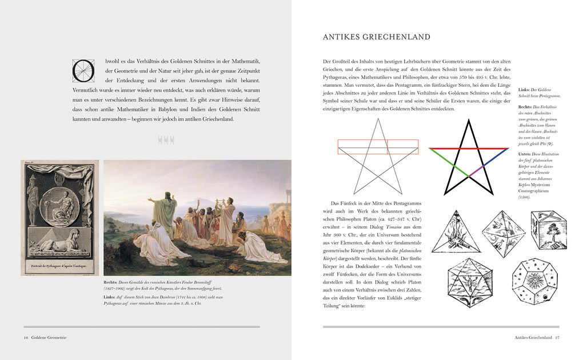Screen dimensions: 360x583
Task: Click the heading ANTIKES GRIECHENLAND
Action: [376, 37]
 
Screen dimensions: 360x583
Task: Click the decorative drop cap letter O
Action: [82, 70]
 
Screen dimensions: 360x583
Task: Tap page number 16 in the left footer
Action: [26, 338]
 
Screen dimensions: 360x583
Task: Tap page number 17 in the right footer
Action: [557, 338]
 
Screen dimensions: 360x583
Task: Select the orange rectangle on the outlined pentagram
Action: [377, 147]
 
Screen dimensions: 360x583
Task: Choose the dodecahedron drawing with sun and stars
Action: [533, 282]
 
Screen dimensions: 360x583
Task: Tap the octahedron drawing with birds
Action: [502, 233]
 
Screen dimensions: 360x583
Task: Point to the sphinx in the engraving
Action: [58, 242]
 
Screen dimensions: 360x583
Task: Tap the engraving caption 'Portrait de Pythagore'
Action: [59, 267]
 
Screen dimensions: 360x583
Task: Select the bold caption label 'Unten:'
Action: [525, 154]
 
